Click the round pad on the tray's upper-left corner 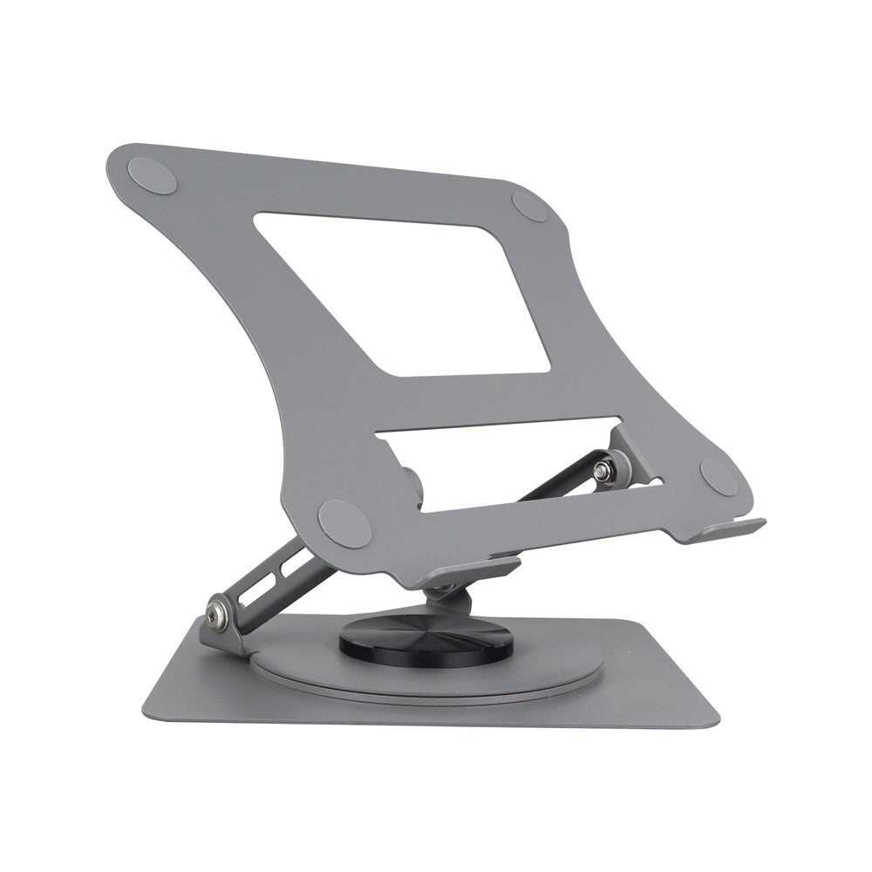[x=153, y=174]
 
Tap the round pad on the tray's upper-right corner [x=529, y=206]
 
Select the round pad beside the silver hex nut [x=718, y=477]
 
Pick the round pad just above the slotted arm [x=344, y=522]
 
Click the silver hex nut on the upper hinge [x=602, y=472]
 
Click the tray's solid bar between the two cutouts [x=488, y=401]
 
